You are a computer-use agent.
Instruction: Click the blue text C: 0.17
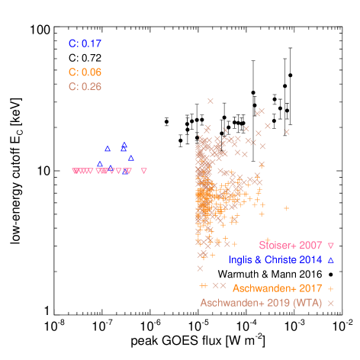click(85, 43)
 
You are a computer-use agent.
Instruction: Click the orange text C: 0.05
click(85, 72)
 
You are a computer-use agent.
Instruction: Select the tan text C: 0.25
click(85, 87)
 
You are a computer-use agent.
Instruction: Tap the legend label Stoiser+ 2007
click(290, 246)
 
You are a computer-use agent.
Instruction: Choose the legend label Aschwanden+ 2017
click(277, 288)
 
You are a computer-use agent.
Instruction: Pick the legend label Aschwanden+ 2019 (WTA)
click(262, 303)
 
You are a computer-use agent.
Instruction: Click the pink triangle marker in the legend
click(331, 246)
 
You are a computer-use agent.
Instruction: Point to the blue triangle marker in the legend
click(331, 260)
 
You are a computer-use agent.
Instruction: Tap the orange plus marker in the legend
click(331, 288)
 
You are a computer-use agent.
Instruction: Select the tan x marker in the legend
click(331, 303)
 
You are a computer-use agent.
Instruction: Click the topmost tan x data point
click(211, 101)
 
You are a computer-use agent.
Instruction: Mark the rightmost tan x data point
click(287, 132)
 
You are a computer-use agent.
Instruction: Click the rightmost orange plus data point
click(287, 207)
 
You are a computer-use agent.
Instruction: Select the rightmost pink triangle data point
click(144, 171)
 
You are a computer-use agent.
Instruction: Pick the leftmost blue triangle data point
click(100, 163)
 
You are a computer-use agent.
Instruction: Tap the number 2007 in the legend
click(310, 246)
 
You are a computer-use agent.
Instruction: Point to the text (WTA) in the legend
click(307, 303)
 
